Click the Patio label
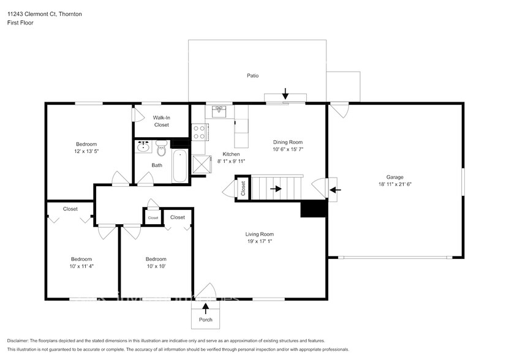point(252,76)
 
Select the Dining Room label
point(288,142)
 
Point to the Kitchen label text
point(231,154)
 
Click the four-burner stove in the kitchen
point(200,132)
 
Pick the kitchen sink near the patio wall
point(220,111)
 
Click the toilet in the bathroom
point(162,148)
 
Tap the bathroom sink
point(144,147)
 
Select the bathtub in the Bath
point(180,165)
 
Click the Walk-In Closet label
point(161,121)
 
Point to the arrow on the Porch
point(205,307)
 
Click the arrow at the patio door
point(285,94)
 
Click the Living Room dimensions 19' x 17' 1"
point(259,241)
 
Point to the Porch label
point(205,320)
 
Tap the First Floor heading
point(20,23)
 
